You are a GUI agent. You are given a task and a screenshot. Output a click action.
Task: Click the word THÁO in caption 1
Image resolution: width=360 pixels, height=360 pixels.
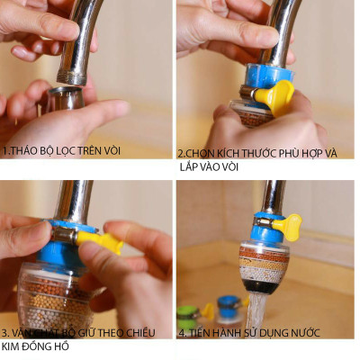point(27,149)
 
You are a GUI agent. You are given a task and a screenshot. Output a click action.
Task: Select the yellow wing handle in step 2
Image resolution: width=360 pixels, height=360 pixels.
point(275,95)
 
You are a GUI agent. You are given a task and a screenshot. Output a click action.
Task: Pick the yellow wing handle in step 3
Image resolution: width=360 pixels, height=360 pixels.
point(99,240)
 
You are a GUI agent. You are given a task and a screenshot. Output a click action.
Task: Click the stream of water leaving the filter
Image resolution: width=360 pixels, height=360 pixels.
point(256,310)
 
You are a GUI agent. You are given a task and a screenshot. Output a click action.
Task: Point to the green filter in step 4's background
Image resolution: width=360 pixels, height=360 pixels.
point(188,317)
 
